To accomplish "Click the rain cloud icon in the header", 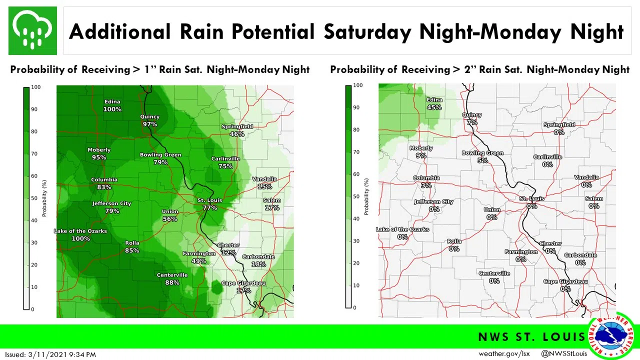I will point(32,30).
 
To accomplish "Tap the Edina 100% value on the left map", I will point(112,109).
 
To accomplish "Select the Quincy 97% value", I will point(149,124).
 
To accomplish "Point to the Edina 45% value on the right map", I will point(434,107).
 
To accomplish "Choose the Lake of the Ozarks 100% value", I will point(80,238).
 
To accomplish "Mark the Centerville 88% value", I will point(172,282).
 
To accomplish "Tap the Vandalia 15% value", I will point(264,186).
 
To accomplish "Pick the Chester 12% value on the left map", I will point(228,252).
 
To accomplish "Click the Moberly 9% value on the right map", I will point(421,155).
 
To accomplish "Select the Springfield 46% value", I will point(237,134).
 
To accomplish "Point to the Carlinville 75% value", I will point(225,166).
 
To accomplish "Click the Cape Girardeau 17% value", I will point(243,290).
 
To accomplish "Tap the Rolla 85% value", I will point(132,250).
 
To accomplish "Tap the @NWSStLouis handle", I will point(564,354).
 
